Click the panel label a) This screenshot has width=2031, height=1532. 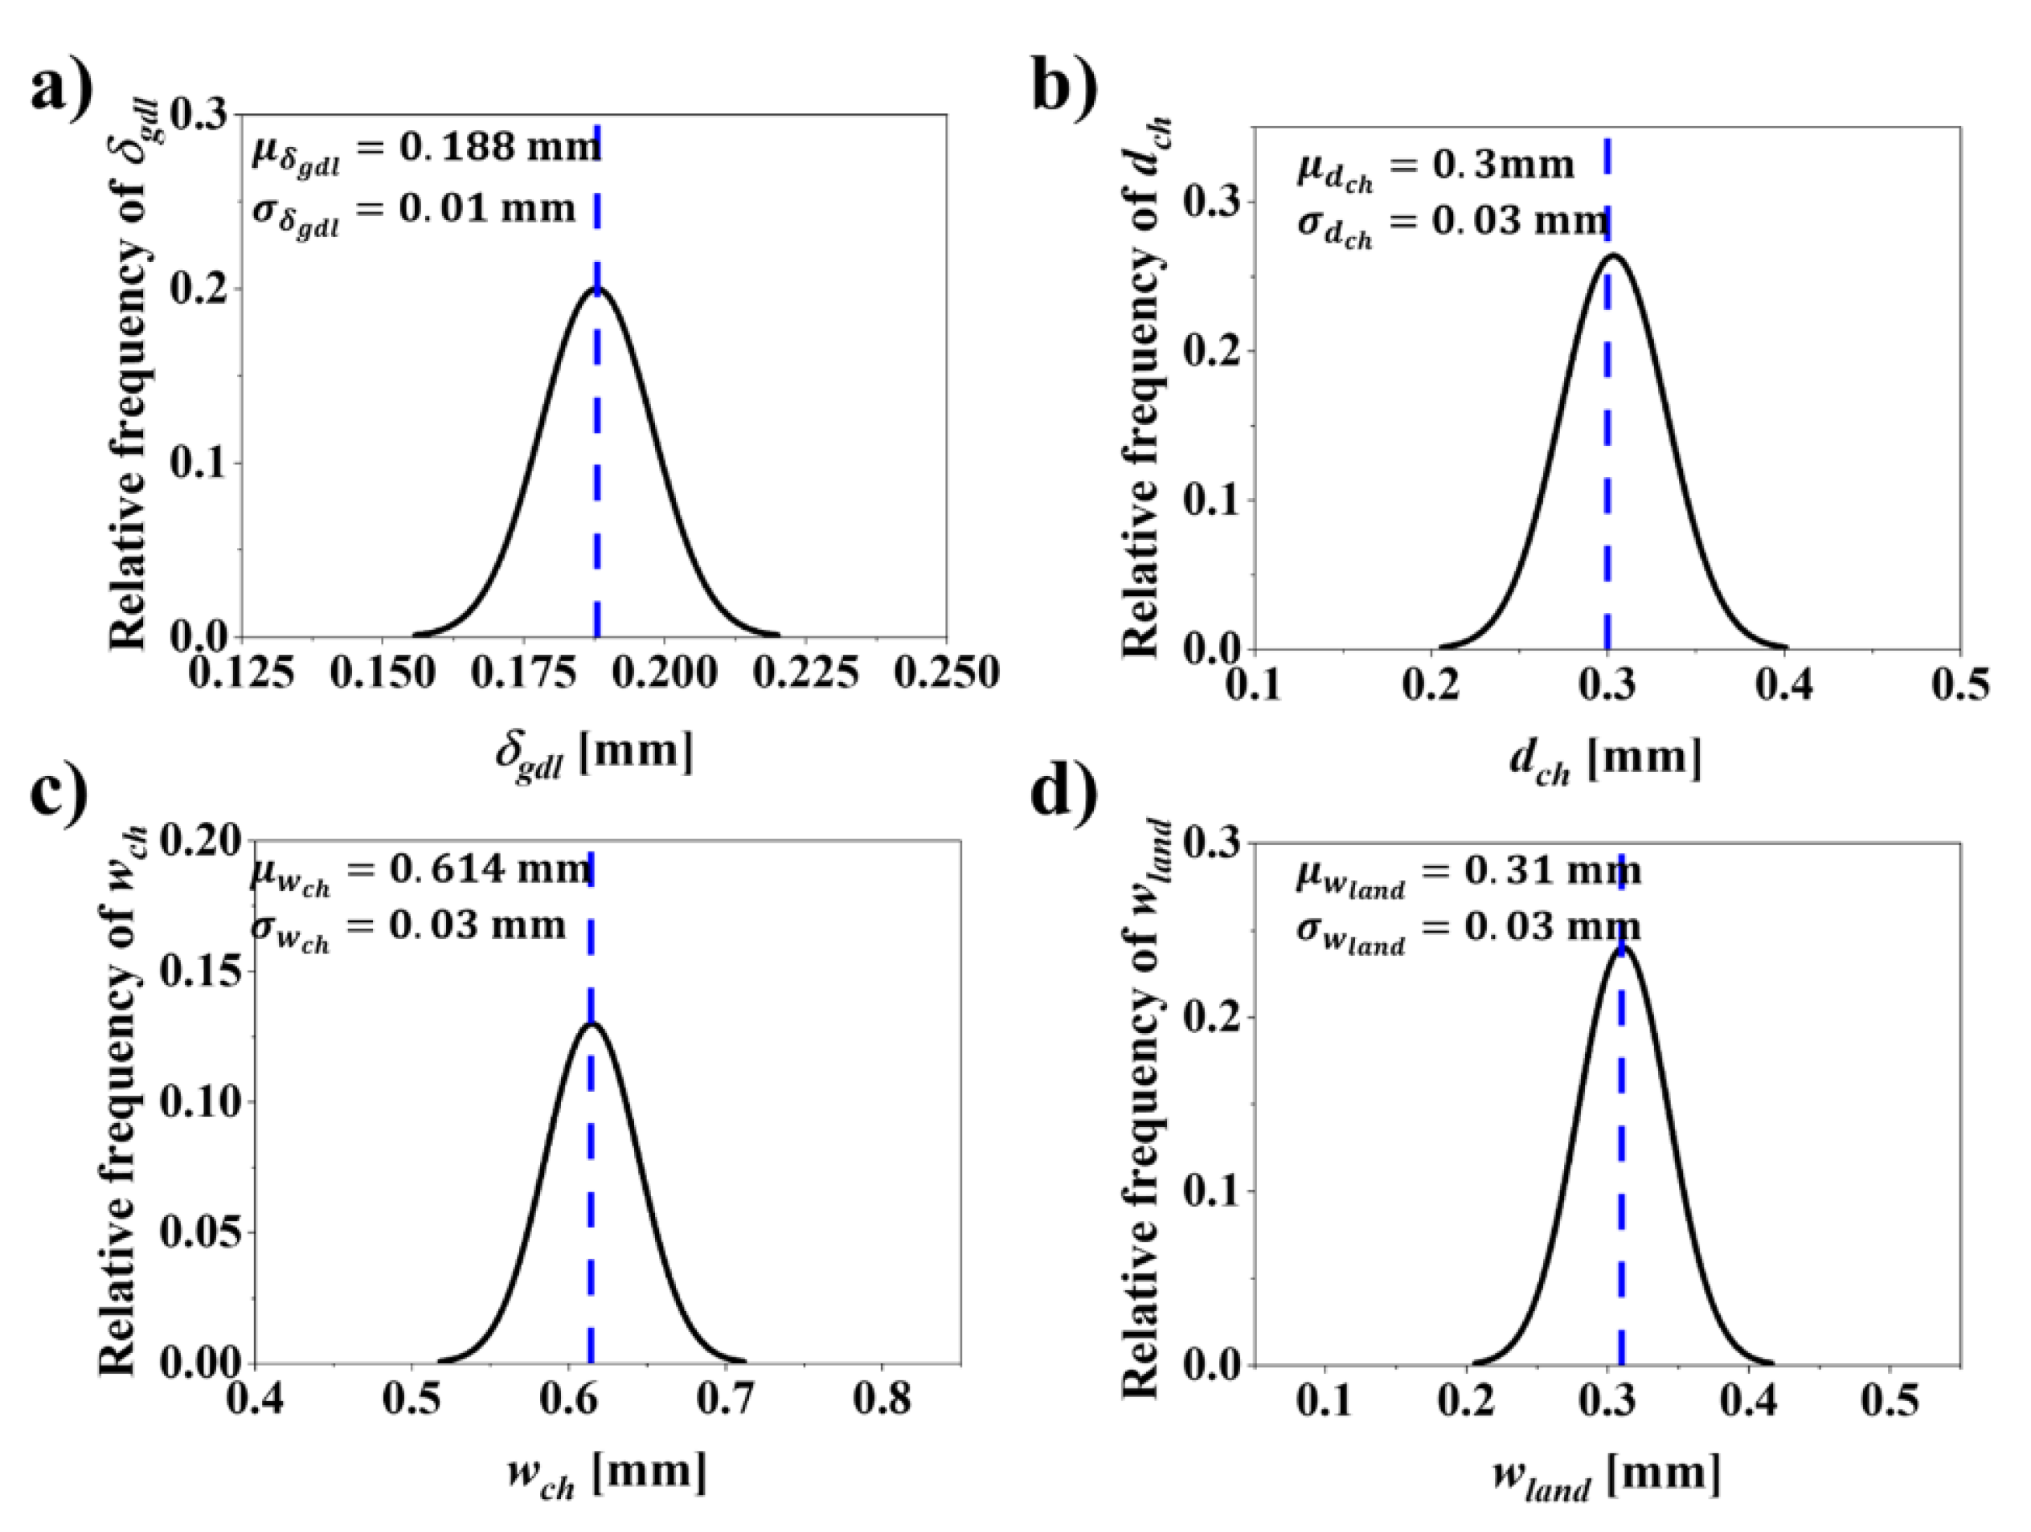pos(63,90)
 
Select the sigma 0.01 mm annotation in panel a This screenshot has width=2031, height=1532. pos(413,210)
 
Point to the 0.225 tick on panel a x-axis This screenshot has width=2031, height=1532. pos(805,674)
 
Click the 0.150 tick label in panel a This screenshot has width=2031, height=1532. pos(382,674)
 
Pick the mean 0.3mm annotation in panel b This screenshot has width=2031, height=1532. pos(1435,168)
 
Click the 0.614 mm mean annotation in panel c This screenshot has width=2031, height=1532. pos(420,870)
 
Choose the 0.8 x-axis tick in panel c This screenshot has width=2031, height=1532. pos(882,1399)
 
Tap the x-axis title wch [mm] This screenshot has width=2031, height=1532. pos(607,1474)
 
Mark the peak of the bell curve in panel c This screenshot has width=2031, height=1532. pos(592,1023)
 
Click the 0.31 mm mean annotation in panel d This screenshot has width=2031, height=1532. pos(1468,872)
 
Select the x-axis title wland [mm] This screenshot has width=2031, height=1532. pos(1606,1476)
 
